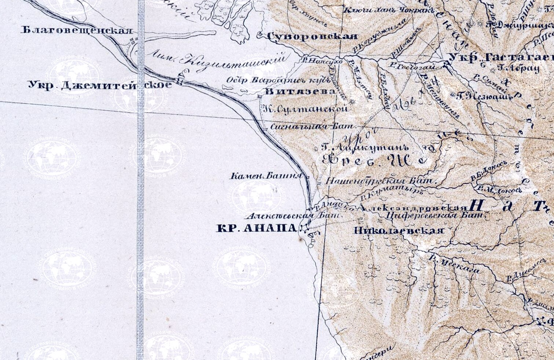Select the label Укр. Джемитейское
tap(99, 85)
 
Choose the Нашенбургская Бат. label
tap(380, 180)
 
